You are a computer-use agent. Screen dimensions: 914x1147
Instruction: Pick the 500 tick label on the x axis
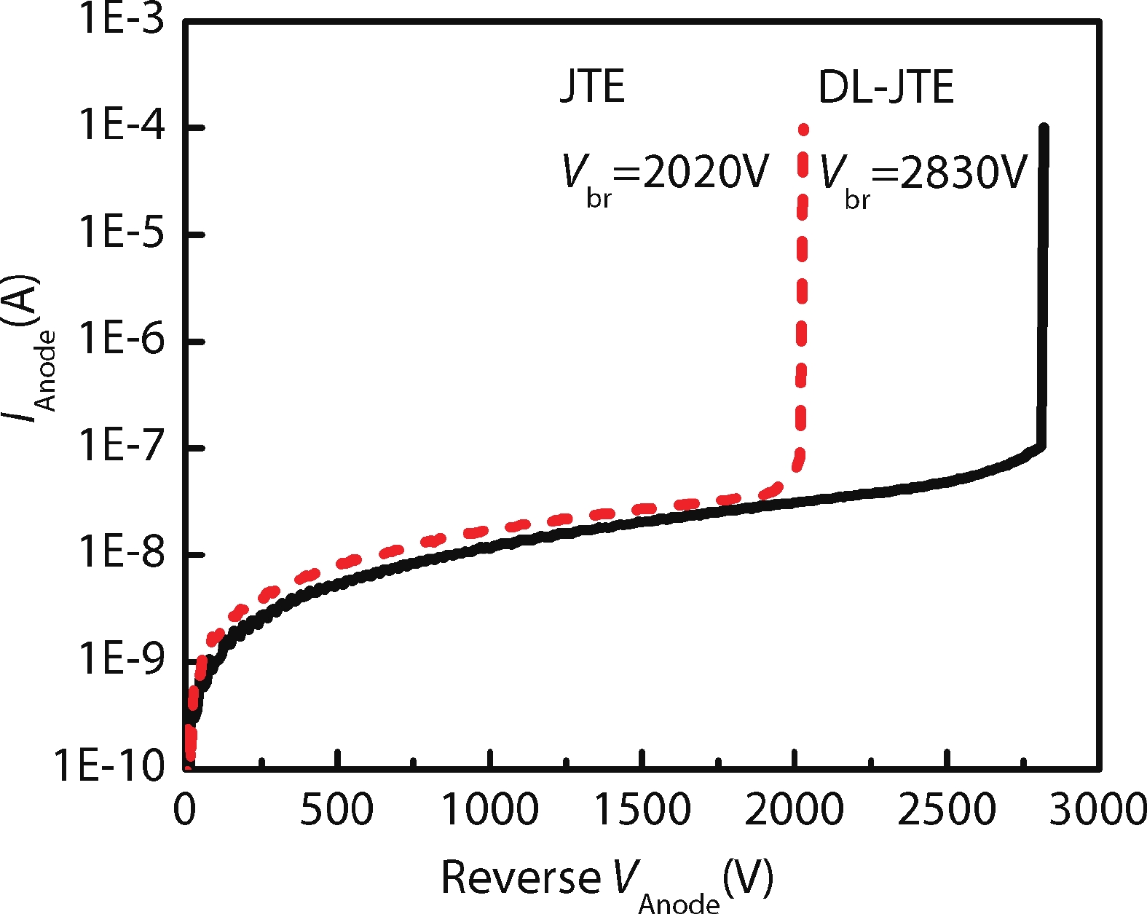point(336,809)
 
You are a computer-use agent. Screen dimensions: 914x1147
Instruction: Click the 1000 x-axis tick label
point(490,809)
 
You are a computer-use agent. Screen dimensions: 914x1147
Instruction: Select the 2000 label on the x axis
point(794,809)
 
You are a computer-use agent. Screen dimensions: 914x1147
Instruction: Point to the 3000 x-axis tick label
point(1098,809)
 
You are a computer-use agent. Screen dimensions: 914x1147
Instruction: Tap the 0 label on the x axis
point(185,809)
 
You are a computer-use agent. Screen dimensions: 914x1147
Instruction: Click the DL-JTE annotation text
point(886,87)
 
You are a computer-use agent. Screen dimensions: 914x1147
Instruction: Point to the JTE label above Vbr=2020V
point(592,87)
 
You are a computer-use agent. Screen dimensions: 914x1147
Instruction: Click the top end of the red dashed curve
point(803,130)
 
